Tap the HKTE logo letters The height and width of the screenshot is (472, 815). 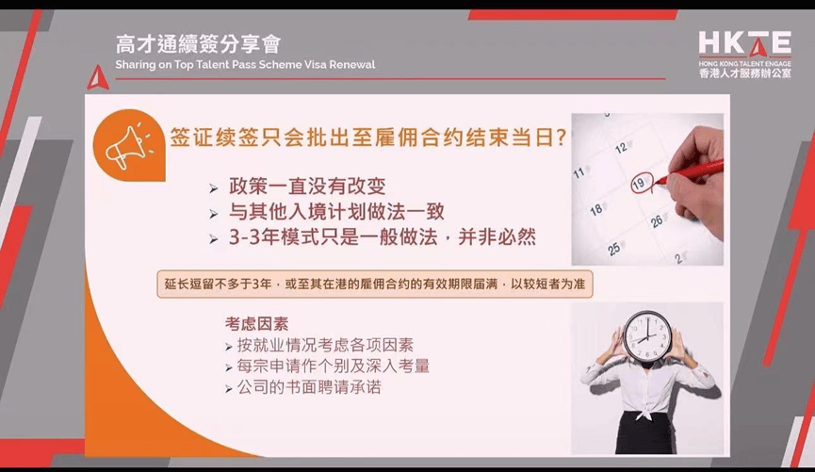(x=745, y=42)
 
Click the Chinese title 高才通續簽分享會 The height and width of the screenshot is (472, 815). (x=198, y=44)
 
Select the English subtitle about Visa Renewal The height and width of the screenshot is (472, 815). (x=245, y=65)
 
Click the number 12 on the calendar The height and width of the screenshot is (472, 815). (x=622, y=148)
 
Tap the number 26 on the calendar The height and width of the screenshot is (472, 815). (x=657, y=221)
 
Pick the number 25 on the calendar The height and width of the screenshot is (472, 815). (x=614, y=249)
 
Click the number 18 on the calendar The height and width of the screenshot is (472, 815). (x=596, y=209)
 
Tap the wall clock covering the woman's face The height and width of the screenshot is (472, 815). (x=647, y=336)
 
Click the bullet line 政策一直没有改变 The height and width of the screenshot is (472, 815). (x=307, y=187)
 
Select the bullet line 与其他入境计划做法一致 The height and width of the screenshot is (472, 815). (x=336, y=212)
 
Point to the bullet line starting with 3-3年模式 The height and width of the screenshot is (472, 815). (x=383, y=237)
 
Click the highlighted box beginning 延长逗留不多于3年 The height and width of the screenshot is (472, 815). (x=375, y=284)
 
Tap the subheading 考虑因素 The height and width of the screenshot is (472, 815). (x=257, y=324)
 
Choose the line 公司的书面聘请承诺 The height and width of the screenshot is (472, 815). (x=309, y=387)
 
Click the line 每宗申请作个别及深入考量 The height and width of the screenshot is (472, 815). (x=334, y=366)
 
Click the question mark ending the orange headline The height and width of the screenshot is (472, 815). (x=561, y=138)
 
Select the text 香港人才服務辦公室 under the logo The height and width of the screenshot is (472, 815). (x=745, y=73)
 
